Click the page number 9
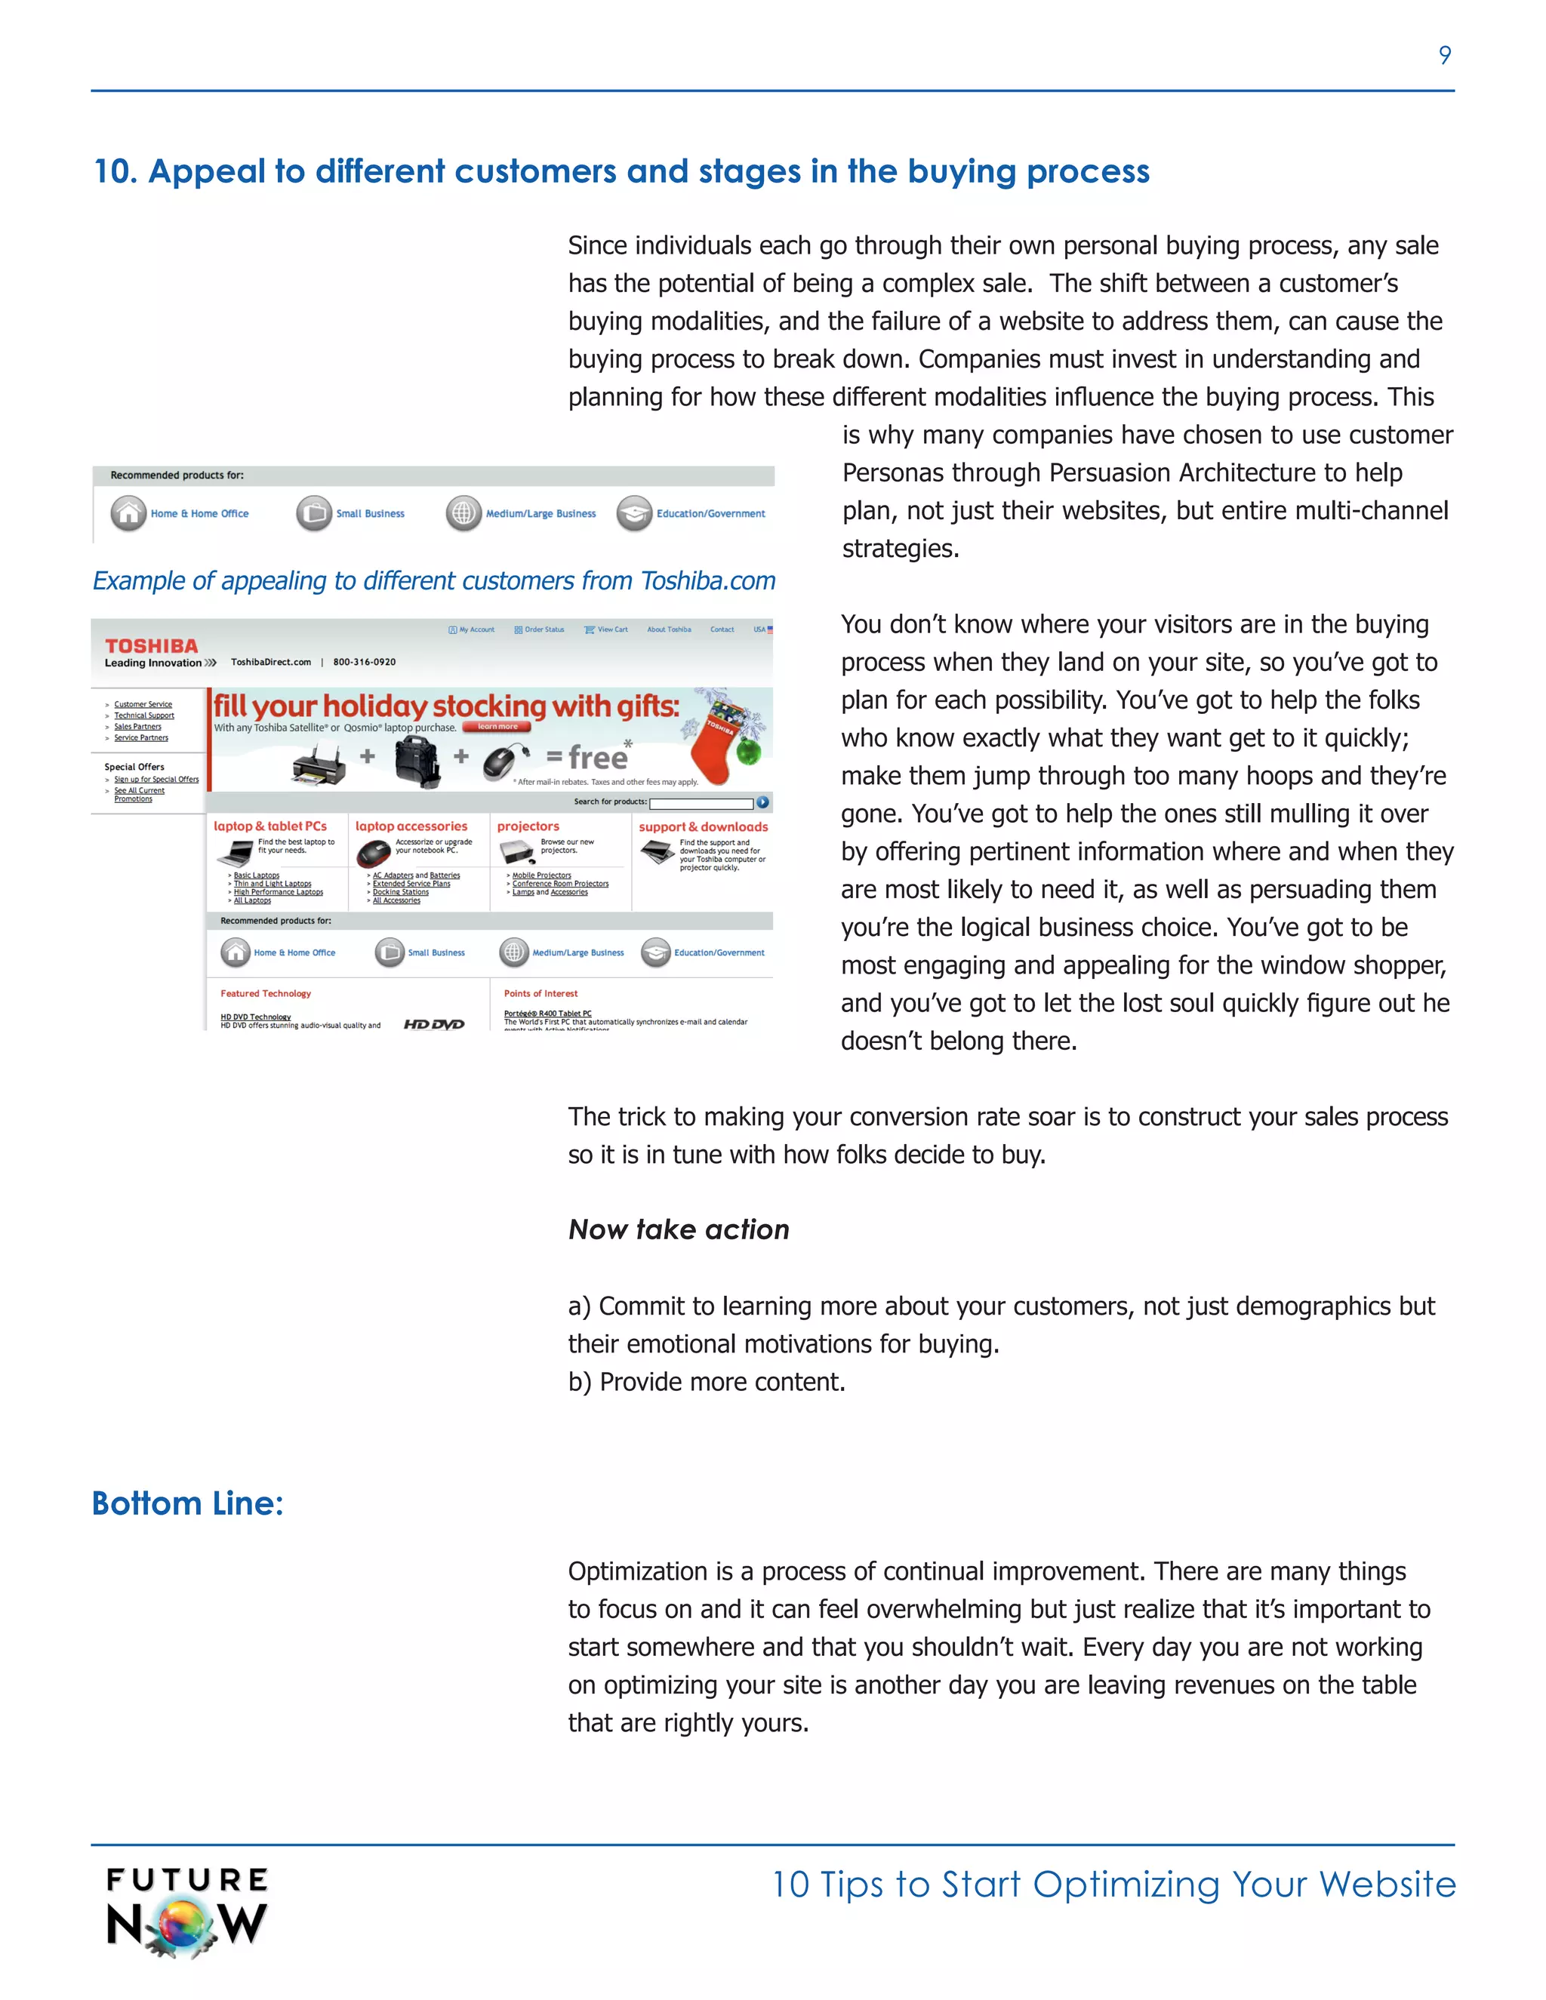pyautogui.click(x=1444, y=56)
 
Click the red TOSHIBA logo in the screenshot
pyautogui.click(x=151, y=645)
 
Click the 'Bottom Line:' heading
pyautogui.click(x=188, y=1503)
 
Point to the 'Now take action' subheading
pyautogui.click(x=678, y=1229)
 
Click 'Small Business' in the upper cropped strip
pyautogui.click(x=369, y=514)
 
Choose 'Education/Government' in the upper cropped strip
pyautogui.click(x=710, y=514)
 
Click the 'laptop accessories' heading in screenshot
pyautogui.click(x=411, y=826)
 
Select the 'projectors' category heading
pyautogui.click(x=528, y=826)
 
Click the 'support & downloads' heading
pyautogui.click(x=703, y=827)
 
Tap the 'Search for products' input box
pyautogui.click(x=701, y=803)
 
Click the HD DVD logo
pyautogui.click(x=434, y=1024)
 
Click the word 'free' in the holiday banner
pyautogui.click(x=597, y=757)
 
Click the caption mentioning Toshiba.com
pyautogui.click(x=433, y=580)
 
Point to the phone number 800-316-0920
pyautogui.click(x=364, y=662)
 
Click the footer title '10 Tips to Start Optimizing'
pyautogui.click(x=1113, y=1885)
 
